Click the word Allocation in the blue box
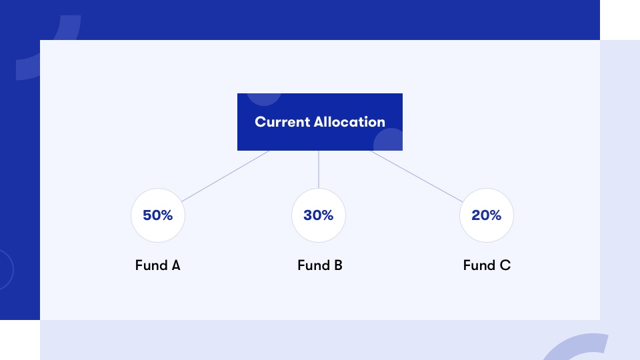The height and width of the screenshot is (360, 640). [349, 122]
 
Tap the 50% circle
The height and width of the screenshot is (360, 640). [158, 215]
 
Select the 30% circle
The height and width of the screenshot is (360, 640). [319, 215]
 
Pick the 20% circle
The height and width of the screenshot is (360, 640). [487, 215]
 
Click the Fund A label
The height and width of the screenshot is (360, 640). [157, 265]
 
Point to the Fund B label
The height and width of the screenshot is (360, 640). [320, 265]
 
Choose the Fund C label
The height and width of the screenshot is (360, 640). [487, 265]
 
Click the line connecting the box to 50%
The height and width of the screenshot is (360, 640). [225, 176]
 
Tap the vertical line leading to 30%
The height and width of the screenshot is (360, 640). [319, 169]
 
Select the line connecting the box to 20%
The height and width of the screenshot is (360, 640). [417, 176]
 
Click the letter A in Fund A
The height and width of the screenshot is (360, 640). [176, 265]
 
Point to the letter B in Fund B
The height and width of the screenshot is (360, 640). [339, 265]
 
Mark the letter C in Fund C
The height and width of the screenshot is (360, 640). [505, 265]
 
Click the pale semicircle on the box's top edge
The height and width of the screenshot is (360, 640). [264, 99]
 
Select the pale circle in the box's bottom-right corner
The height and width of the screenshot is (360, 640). [388, 139]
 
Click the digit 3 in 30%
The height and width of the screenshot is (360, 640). [308, 215]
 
